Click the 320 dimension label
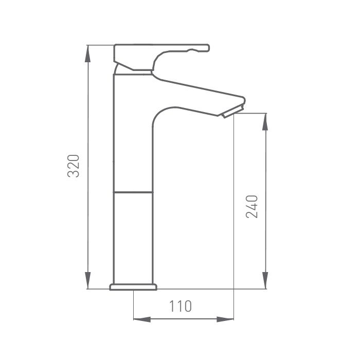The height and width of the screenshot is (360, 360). coord(74,166)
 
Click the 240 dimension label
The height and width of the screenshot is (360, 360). coord(252,206)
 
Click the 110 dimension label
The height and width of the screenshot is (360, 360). coord(180,306)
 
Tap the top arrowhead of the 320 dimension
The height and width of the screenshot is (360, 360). coord(87,53)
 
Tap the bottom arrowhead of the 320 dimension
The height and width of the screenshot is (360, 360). coord(87,280)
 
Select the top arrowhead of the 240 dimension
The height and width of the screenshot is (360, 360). coord(265,122)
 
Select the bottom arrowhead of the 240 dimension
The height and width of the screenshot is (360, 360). coord(265,280)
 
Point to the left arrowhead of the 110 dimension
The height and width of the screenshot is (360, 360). coord(142,319)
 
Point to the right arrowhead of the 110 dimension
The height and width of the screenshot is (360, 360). coord(225,319)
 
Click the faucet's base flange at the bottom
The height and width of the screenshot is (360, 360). coord(133,287)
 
